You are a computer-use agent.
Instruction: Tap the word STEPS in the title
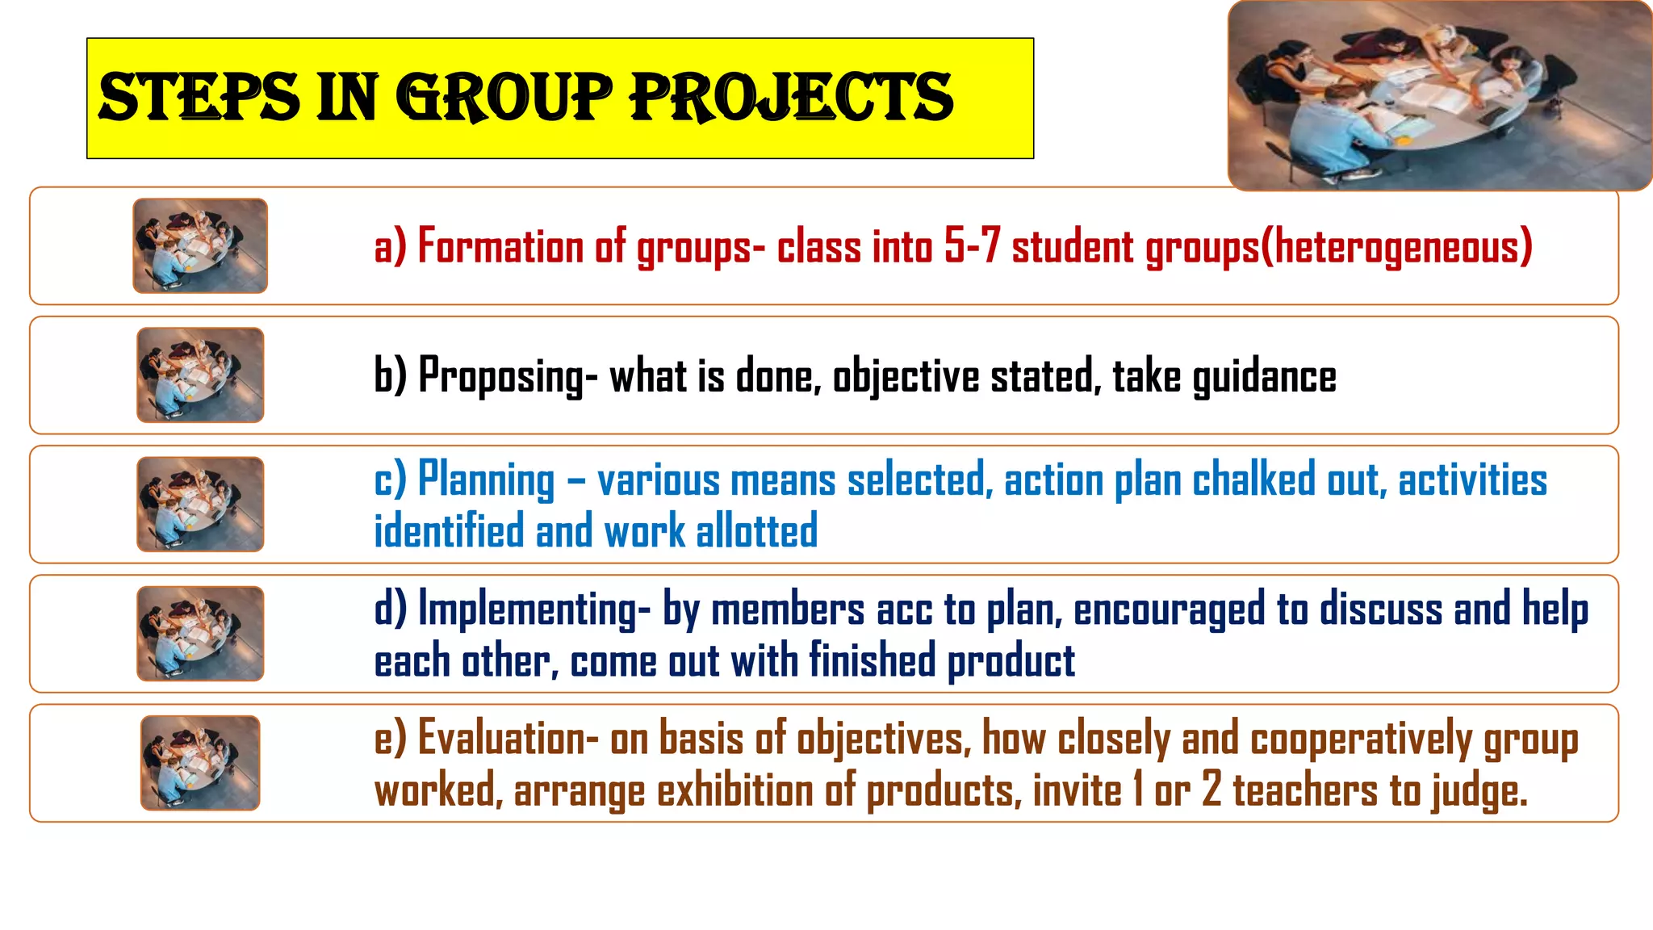[x=199, y=97]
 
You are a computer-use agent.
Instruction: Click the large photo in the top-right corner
[x=1440, y=95]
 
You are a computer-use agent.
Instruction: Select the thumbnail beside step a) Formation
[x=200, y=245]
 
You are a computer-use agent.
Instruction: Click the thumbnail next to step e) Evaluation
[x=200, y=763]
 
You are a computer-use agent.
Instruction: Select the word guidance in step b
[x=1264, y=376]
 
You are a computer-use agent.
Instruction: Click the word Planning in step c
[x=487, y=480]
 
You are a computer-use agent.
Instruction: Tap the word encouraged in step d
[x=1170, y=610]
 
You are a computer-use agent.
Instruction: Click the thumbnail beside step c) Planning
[x=200, y=505]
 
